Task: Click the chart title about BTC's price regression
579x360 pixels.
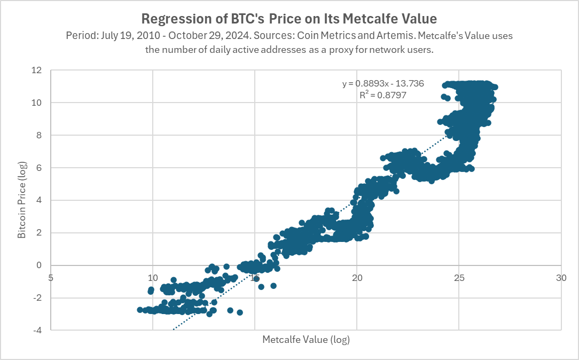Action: [x=289, y=19]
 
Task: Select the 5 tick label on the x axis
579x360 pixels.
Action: [x=51, y=278]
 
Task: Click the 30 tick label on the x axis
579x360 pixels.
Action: [x=561, y=278]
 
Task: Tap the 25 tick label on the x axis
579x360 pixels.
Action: [x=459, y=278]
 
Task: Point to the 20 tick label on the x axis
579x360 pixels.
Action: [x=357, y=278]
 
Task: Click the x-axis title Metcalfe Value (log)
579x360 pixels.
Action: [x=306, y=340]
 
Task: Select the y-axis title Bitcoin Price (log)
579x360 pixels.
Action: [x=22, y=200]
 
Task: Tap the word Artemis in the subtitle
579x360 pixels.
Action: [x=353, y=36]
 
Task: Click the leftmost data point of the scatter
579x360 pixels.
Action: [x=140, y=310]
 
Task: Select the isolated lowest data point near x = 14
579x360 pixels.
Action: [x=240, y=312]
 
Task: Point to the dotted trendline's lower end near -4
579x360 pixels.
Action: [x=174, y=329]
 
